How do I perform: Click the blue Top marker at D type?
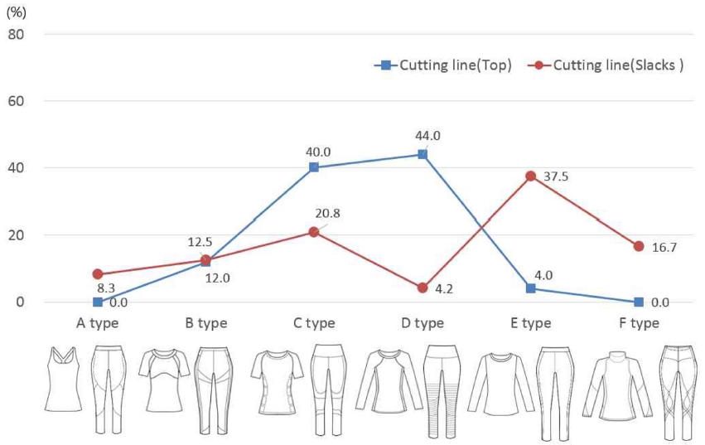coord(423,154)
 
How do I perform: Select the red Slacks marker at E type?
coord(530,176)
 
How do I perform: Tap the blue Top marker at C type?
coord(314,167)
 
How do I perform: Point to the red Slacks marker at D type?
coord(423,288)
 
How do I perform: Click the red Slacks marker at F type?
coord(639,246)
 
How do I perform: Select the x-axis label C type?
coord(314,323)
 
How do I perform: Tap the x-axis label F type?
coord(638,323)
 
